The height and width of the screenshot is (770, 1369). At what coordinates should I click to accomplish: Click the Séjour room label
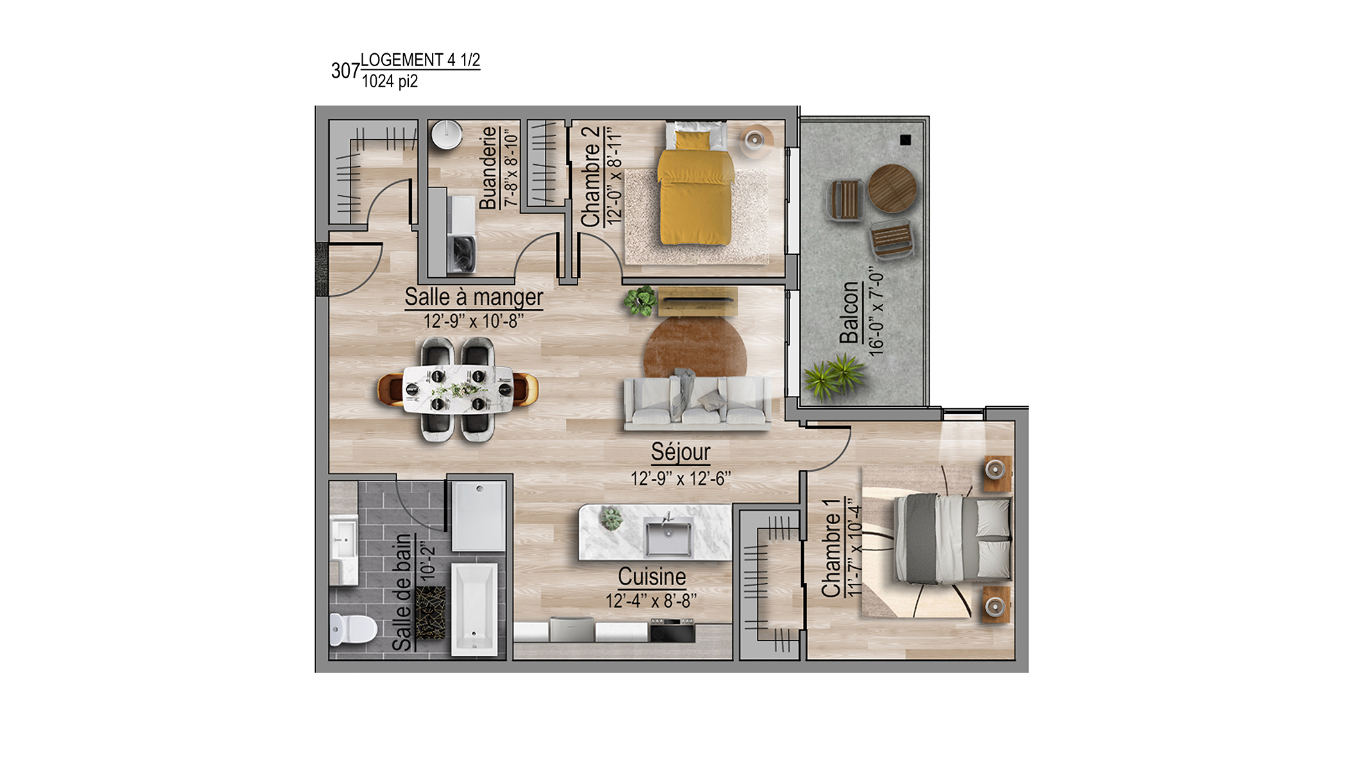(680, 452)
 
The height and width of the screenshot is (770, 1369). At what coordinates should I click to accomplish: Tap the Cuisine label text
(651, 576)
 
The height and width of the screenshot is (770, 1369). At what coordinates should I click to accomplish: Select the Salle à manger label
(474, 297)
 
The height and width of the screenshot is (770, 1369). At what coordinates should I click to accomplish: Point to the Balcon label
(848, 312)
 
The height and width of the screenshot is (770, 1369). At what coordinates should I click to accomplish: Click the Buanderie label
(488, 167)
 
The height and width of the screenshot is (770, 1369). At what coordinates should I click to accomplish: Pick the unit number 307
(345, 71)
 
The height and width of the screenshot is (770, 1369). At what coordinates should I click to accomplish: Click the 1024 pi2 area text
(390, 81)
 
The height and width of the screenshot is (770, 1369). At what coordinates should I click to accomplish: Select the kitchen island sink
(669, 537)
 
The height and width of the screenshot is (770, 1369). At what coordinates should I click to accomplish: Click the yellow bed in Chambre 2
(695, 185)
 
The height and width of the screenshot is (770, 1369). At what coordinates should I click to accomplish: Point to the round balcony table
(892, 188)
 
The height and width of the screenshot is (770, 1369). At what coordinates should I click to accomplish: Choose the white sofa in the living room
(697, 403)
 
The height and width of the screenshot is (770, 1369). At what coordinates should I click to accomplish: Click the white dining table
(458, 389)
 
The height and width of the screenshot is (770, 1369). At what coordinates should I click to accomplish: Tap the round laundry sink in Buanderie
(447, 135)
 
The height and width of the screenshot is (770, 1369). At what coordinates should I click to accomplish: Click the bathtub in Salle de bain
(474, 609)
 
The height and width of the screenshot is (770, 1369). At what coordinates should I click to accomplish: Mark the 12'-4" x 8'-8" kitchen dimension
(651, 601)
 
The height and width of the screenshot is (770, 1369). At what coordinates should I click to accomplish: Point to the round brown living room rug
(695, 346)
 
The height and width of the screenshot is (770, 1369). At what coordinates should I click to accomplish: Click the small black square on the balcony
(906, 139)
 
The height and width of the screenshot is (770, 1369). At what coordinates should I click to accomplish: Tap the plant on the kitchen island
(611, 518)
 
